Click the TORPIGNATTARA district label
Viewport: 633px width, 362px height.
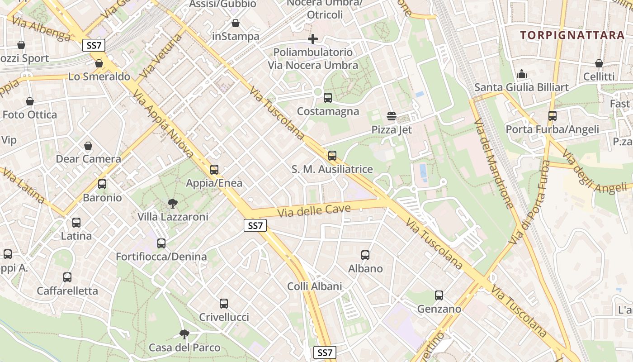[572, 35]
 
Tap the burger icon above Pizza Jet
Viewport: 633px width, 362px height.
[392, 116]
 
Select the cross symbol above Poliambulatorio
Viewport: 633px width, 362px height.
[312, 39]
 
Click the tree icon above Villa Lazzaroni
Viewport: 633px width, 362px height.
[172, 203]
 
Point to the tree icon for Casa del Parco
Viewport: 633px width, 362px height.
[184, 334]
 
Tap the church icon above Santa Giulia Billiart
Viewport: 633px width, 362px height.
[521, 73]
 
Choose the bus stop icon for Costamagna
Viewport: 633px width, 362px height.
[328, 97]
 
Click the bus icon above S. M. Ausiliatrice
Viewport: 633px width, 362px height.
[332, 156]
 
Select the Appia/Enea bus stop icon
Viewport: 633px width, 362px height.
[214, 170]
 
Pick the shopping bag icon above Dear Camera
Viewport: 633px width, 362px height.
[88, 146]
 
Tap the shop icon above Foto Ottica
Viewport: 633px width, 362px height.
[30, 101]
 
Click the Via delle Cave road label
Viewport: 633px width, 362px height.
[314, 210]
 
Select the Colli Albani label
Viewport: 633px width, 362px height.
[315, 286]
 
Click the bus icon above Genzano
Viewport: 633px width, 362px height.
[439, 295]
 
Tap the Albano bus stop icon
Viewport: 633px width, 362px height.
[365, 255]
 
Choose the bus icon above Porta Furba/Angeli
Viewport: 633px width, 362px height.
[553, 116]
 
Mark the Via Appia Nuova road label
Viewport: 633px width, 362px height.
[163, 124]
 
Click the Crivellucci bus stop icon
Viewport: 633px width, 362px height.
[224, 304]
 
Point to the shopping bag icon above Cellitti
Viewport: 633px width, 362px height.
[599, 63]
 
